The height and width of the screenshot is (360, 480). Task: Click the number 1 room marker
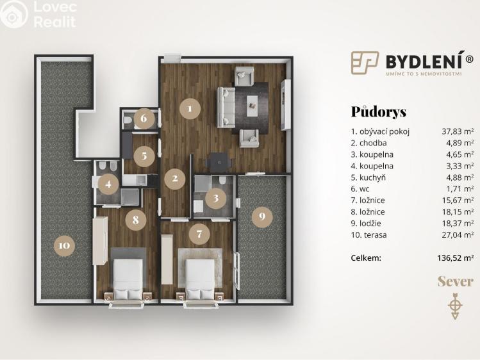189,108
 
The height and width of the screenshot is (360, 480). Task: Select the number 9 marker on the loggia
261,217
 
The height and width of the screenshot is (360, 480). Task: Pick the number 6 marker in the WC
144,118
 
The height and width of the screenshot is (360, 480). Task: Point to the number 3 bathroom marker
216,198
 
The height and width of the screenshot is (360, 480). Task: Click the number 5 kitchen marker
144,154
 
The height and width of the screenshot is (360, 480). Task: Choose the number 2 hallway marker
174,178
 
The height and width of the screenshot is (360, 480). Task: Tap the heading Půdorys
378,111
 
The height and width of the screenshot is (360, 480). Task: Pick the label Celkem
366,258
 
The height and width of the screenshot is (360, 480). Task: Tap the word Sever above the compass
455,281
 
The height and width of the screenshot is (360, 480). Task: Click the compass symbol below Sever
455,306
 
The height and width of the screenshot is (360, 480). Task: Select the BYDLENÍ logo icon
365,62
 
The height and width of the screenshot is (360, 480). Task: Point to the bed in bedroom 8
128,277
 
